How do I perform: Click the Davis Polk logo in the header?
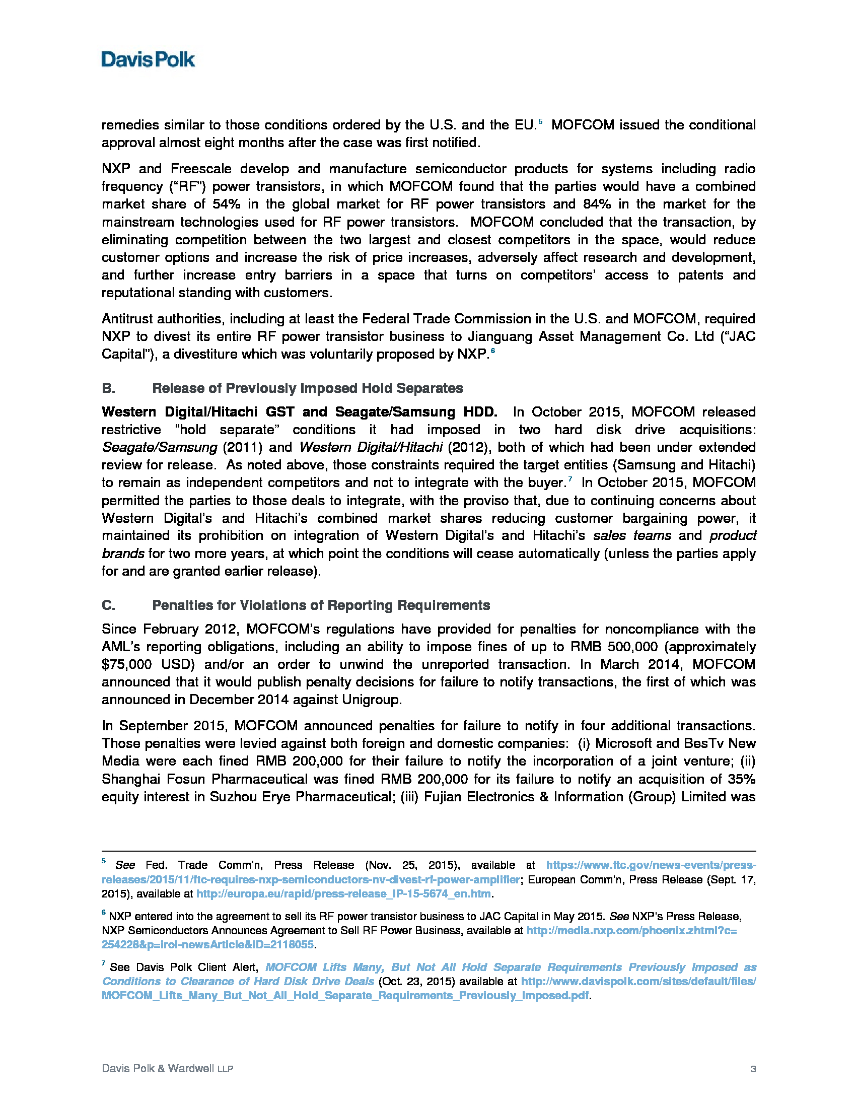(x=148, y=59)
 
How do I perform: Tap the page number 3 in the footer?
(x=753, y=1069)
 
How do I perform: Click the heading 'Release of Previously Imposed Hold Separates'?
(x=307, y=388)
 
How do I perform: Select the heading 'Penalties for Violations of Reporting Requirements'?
(x=321, y=605)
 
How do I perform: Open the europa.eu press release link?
(x=343, y=893)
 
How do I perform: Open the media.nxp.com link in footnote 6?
(x=631, y=930)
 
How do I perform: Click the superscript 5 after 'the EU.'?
(x=541, y=122)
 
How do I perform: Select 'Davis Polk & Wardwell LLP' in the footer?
(x=167, y=1069)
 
